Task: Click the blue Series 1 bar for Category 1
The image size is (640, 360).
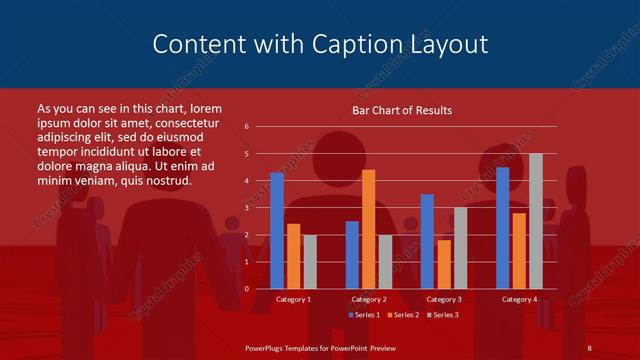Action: pyautogui.click(x=277, y=231)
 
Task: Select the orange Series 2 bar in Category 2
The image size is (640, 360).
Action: pyautogui.click(x=369, y=229)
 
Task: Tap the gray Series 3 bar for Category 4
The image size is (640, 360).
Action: pyautogui.click(x=536, y=221)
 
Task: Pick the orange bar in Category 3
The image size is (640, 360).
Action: pyautogui.click(x=444, y=264)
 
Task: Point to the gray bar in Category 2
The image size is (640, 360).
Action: pyautogui.click(x=385, y=262)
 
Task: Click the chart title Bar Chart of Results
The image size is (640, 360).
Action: pyautogui.click(x=402, y=110)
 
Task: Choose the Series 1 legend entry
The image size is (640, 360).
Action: pyautogui.click(x=364, y=315)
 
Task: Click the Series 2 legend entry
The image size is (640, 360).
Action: pyautogui.click(x=402, y=315)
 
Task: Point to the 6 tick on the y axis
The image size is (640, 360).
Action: pyautogui.click(x=247, y=127)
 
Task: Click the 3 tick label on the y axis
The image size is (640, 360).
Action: pyautogui.click(x=247, y=208)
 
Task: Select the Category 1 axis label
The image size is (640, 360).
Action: pyautogui.click(x=293, y=299)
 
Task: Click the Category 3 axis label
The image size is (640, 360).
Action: pyautogui.click(x=444, y=299)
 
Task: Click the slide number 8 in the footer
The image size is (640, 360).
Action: pyautogui.click(x=590, y=347)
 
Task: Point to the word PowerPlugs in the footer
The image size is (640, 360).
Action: pyautogui.click(x=267, y=347)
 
